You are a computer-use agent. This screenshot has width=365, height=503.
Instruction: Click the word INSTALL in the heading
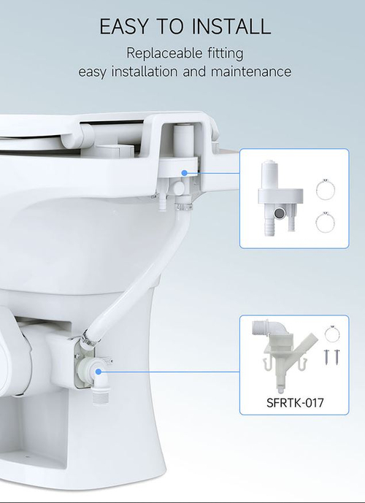[231, 26]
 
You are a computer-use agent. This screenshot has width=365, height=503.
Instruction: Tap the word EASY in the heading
[124, 26]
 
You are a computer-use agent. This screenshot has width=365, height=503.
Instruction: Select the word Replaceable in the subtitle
[164, 53]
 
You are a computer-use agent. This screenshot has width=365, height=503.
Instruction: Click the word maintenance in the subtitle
[251, 72]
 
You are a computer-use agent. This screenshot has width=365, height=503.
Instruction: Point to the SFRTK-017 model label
[295, 402]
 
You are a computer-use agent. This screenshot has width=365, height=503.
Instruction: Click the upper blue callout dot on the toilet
[184, 173]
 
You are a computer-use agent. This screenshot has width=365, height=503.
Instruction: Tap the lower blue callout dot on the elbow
[99, 372]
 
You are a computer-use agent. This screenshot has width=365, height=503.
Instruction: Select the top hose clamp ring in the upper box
[326, 189]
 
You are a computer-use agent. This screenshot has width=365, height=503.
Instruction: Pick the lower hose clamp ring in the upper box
[326, 223]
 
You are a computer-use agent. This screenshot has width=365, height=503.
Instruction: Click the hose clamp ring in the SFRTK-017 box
[332, 334]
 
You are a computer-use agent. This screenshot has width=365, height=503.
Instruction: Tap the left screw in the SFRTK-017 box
[326, 357]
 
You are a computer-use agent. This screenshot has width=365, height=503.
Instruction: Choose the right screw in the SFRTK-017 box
[337, 357]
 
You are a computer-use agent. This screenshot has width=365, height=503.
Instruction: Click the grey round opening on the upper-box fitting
[279, 212]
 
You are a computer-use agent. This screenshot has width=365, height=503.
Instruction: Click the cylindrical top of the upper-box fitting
[270, 175]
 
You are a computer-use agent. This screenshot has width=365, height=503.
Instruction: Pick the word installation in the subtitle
[145, 72]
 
